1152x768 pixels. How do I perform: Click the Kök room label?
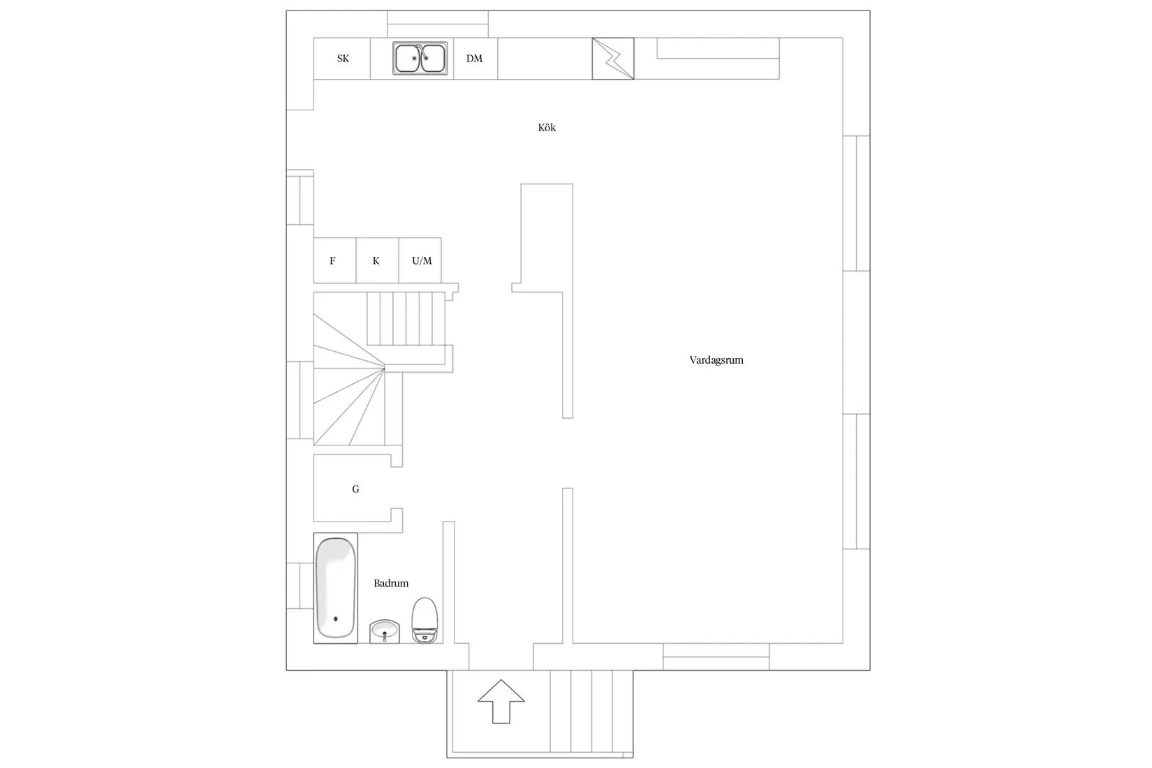pos(547,128)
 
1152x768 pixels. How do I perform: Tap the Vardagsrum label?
pos(716,360)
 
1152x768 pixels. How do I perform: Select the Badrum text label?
pos(391,583)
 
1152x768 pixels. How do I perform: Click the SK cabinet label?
pos(343,59)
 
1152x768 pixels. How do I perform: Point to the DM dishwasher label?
pos(474,59)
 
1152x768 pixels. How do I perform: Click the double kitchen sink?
pos(420,59)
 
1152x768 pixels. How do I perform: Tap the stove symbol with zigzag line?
pos(613,59)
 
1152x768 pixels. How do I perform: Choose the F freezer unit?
pos(335,260)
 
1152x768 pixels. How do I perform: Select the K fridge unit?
pos(378,260)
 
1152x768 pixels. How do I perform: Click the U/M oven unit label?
pos(422,261)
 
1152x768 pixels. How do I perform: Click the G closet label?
pos(355,489)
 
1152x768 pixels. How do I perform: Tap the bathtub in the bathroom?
pos(336,588)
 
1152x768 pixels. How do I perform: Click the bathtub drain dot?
pos(336,619)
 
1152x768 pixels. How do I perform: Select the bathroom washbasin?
pos(385,631)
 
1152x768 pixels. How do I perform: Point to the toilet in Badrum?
pos(424,621)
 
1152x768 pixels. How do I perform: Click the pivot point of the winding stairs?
pos(384,368)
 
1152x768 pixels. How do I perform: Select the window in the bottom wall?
pos(716,657)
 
